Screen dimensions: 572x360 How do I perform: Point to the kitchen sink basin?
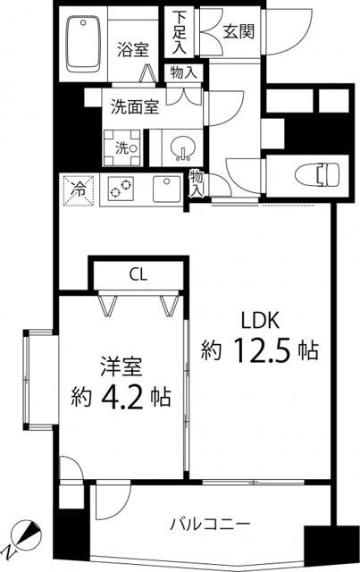[166, 189]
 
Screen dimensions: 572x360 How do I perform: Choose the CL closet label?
[138, 273]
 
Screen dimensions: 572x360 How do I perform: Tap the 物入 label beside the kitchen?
[197, 183]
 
